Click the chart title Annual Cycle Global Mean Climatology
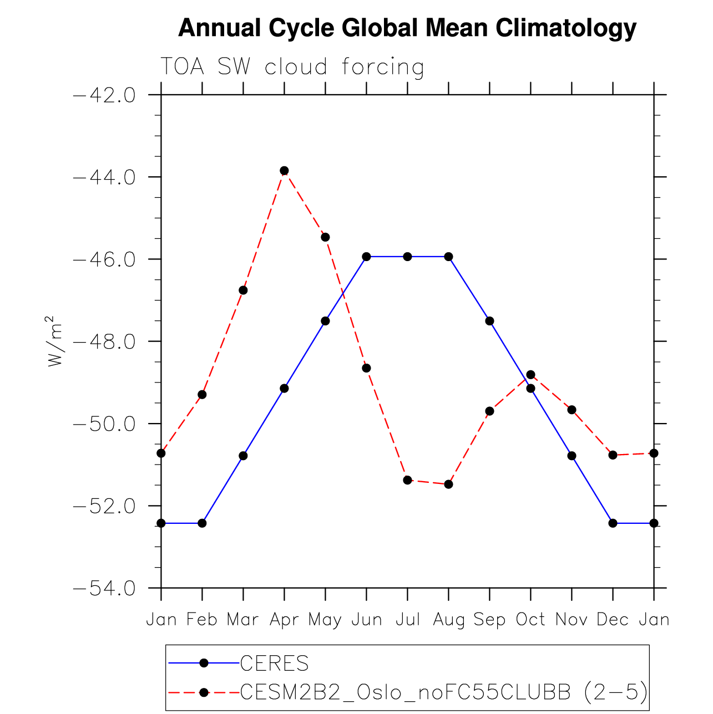point(407,28)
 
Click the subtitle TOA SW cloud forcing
point(292,67)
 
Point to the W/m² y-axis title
point(53,341)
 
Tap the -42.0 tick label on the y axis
point(104,95)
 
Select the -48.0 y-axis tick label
point(104,341)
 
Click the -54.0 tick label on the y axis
point(104,588)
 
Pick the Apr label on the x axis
point(284,619)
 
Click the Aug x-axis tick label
point(448,620)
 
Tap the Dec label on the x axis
point(613,619)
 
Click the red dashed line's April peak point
point(284,171)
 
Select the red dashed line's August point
point(448,484)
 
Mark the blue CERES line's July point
point(407,257)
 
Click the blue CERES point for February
point(202,523)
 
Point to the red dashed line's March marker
point(243,290)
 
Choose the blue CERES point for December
point(613,523)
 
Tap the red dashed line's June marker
point(366,368)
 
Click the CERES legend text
point(274,663)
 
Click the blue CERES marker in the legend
point(204,663)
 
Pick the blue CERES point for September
point(489,321)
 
